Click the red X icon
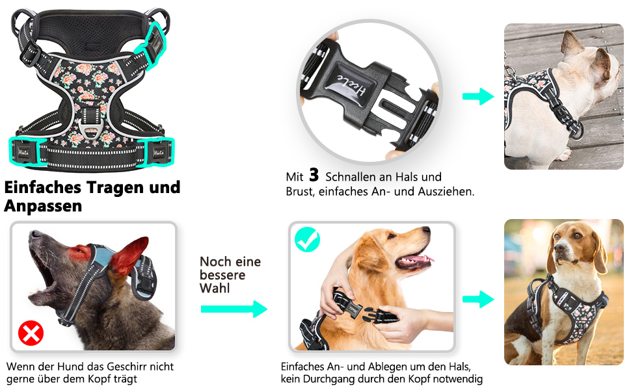click(x=31, y=333)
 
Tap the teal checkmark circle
click(x=308, y=240)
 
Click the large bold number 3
click(x=314, y=175)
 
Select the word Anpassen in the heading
click(x=43, y=206)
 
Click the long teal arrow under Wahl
click(x=234, y=309)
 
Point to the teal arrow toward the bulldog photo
click(x=478, y=96)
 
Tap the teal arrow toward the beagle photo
click(x=478, y=299)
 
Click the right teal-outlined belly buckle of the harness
click(x=156, y=151)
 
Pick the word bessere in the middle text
click(x=222, y=275)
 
